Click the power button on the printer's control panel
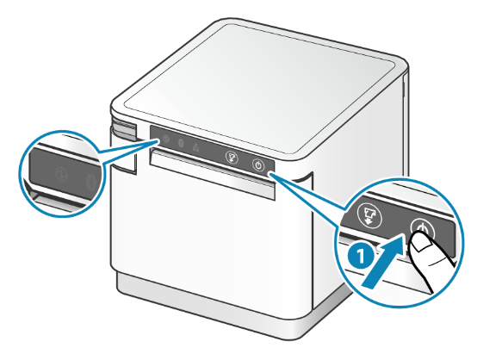pyautogui.click(x=258, y=165)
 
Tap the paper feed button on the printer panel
pyautogui.click(x=232, y=158)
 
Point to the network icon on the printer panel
pyautogui.click(x=195, y=147)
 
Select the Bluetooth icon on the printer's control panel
pyautogui.click(x=181, y=143)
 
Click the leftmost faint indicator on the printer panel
pyautogui.click(x=166, y=139)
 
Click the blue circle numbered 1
pyautogui.click(x=361, y=256)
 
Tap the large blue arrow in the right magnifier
pyautogui.click(x=384, y=263)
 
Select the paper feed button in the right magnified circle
pyautogui.click(x=369, y=215)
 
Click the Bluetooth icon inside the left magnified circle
pyautogui.click(x=90, y=183)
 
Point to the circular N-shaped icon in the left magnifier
pyautogui.click(x=61, y=174)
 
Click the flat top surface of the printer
pyautogui.click(x=259, y=89)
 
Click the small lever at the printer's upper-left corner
pyautogui.click(x=124, y=130)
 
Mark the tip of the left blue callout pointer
pyautogui.click(x=158, y=140)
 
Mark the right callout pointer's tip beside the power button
pyautogui.click(x=269, y=173)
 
